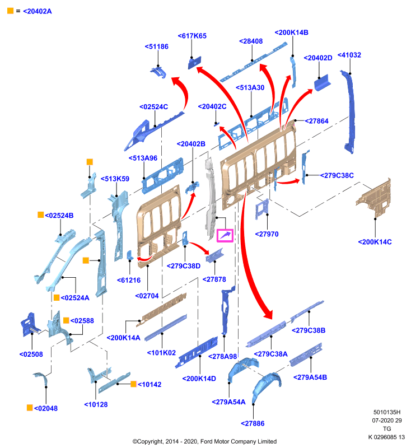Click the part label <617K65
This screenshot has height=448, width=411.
[x=192, y=36]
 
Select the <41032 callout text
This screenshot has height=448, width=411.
[x=349, y=55]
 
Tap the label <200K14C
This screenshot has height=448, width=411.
[x=375, y=242]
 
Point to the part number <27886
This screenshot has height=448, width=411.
[x=253, y=423]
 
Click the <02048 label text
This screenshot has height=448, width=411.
[x=46, y=408]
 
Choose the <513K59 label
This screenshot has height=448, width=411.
[x=115, y=179]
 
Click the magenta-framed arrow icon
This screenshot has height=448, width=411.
[x=225, y=236]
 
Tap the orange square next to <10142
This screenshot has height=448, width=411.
[x=133, y=384]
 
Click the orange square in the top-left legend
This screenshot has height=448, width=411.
[x=10, y=11]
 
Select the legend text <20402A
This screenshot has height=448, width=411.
[x=38, y=11]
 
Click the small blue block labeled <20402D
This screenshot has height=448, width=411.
[x=322, y=83]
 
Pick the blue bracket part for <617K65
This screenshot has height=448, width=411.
[x=194, y=63]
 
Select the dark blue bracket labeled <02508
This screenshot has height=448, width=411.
[x=30, y=325]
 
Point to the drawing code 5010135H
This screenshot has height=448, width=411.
[x=387, y=412]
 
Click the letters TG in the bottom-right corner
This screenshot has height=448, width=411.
[x=387, y=429]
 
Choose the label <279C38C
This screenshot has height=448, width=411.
[x=337, y=175]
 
